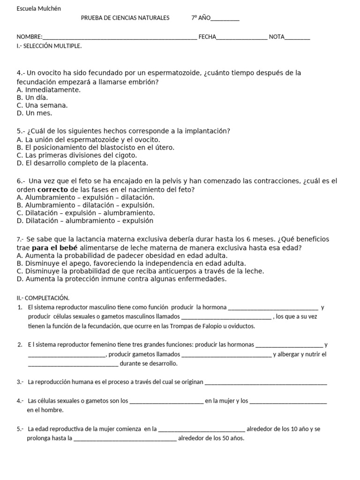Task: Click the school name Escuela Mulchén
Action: [38, 8]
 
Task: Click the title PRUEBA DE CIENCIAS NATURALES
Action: [125, 18]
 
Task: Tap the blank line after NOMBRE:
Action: [120, 37]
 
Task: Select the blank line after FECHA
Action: [242, 37]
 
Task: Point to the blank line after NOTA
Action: [297, 37]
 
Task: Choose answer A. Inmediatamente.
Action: [48, 90]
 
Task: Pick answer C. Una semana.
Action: [42, 105]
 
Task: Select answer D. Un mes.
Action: [34, 113]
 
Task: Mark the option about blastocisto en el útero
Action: [95, 147]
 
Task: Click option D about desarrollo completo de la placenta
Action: [82, 163]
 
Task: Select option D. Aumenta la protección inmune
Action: [121, 279]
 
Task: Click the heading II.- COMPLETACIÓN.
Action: [43, 298]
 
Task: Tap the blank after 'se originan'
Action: [266, 382]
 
